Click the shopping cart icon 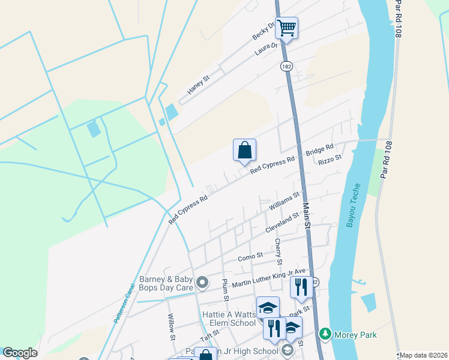[287, 28]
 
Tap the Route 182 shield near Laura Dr [286, 65]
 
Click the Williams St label [284, 202]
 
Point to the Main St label [306, 215]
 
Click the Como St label [250, 256]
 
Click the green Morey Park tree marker [325, 333]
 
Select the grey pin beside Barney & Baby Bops [203, 281]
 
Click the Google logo [20, 353]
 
